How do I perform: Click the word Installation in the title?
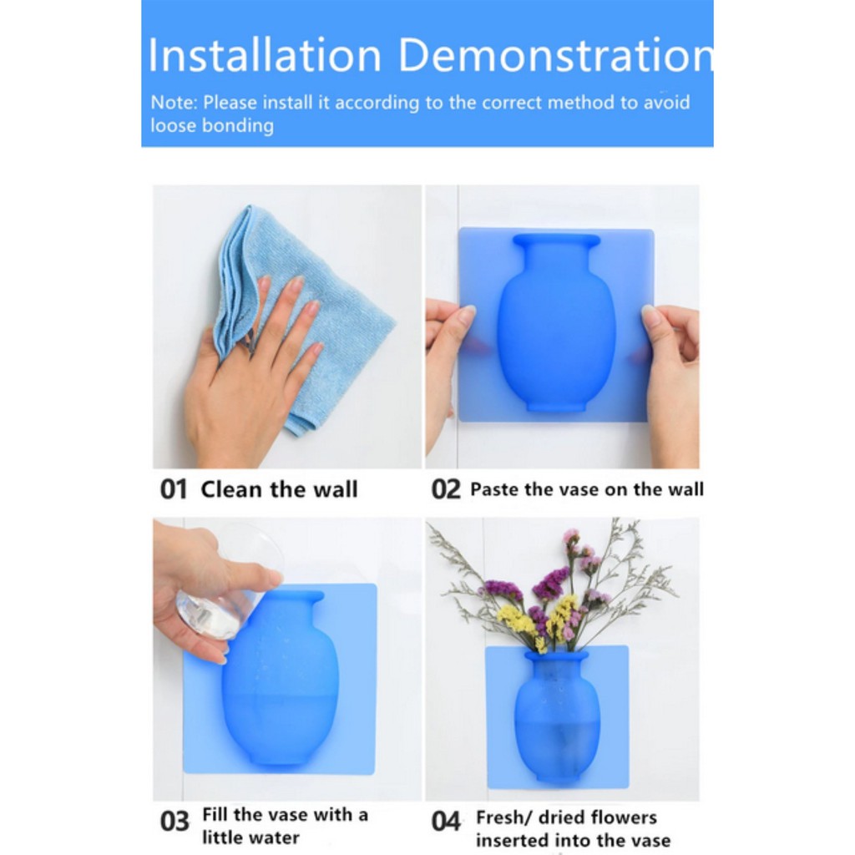tap(265, 55)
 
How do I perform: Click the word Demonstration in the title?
tap(556, 55)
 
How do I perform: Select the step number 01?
tap(174, 489)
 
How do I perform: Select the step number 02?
tap(446, 489)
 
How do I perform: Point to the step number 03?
tap(175, 822)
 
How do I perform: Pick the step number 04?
tap(446, 822)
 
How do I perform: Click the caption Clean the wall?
tap(279, 489)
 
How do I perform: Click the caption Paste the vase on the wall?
tap(587, 489)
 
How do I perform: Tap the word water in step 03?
tap(274, 837)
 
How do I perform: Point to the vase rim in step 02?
tap(556, 240)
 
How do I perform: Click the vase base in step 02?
tap(555, 407)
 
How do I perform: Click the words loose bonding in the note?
tap(212, 125)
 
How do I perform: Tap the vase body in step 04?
tap(557, 720)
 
